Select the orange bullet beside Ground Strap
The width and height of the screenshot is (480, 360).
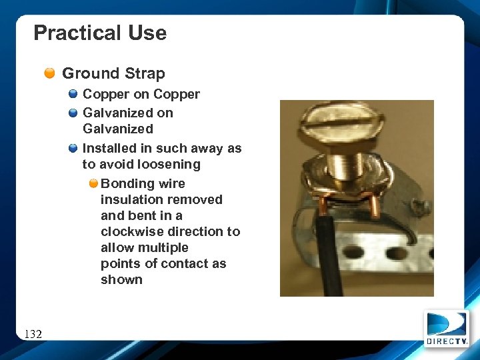pos(50,73)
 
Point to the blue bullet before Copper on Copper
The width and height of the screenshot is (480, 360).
pos(73,94)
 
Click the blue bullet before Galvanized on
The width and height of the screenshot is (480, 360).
pos(73,113)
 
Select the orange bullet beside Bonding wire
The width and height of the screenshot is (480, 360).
pos(93,183)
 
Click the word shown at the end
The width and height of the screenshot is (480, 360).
pos(121,279)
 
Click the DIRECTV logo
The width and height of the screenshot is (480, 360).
pos(446,328)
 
